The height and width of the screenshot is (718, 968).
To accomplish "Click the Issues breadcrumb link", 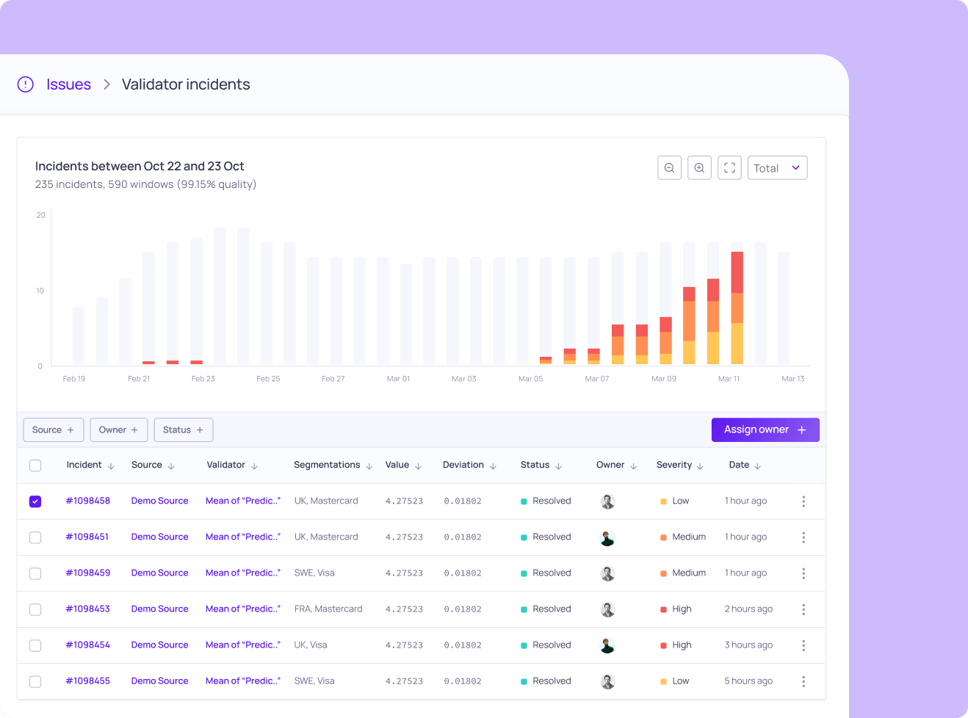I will coord(68,84).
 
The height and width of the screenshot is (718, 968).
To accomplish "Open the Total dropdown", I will coord(777,168).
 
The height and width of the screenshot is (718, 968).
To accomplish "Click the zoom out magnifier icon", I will coord(669,168).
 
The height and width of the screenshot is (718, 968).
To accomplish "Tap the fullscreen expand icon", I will coord(729,168).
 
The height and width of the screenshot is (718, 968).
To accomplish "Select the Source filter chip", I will coord(54,430).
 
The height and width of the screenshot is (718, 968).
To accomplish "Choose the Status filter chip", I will coord(184,430).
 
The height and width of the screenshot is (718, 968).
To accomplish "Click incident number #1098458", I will coord(88,501).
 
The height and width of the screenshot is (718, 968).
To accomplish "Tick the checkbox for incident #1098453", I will coord(35,609).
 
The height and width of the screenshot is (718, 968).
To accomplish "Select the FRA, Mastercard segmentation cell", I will coord(328,609).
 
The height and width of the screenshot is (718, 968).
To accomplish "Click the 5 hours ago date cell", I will coord(748,681).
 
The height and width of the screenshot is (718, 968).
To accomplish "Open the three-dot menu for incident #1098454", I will coord(803,645).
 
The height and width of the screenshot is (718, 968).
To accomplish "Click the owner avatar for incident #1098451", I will coord(607,537).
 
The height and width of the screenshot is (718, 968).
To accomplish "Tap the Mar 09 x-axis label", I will coord(664,379).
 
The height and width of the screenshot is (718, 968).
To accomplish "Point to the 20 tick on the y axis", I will coord(41,215).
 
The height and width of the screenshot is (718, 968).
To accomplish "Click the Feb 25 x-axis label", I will coord(268,379).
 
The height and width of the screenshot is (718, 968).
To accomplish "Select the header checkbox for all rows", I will coord(35,465).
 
